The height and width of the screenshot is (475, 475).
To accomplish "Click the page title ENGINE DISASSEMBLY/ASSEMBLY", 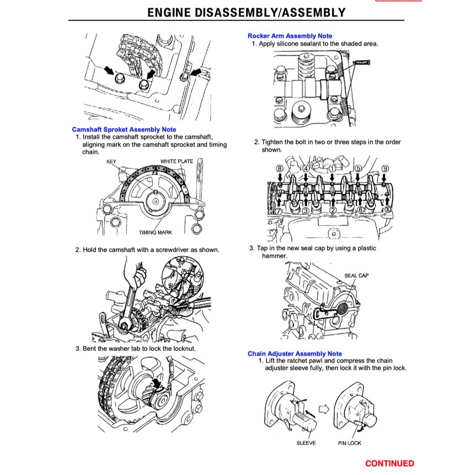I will pyautogui.click(x=246, y=12).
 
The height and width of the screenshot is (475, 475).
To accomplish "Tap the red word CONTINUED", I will pyautogui.click(x=389, y=463).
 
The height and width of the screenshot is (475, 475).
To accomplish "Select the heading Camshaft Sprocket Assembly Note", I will pyautogui.click(x=124, y=129).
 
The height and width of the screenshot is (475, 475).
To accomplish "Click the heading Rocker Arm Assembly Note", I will pyautogui.click(x=290, y=36).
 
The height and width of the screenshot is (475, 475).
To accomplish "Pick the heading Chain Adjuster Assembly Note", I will pyautogui.click(x=295, y=354).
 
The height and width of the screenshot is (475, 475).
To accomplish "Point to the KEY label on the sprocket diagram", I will pyautogui.click(x=111, y=162).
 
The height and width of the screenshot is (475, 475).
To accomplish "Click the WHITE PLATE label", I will pyautogui.click(x=177, y=161).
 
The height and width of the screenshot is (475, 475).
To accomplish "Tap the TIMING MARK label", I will pyautogui.click(x=155, y=232).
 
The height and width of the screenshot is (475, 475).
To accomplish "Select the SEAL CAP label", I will pyautogui.click(x=356, y=275).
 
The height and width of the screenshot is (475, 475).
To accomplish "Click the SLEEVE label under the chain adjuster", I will pyautogui.click(x=306, y=443).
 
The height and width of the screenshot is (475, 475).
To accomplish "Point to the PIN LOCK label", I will pyautogui.click(x=350, y=443).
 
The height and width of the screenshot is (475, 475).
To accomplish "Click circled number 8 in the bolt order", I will pyautogui.click(x=280, y=168).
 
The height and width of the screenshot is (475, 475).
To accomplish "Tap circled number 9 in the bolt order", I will pyautogui.click(x=385, y=168).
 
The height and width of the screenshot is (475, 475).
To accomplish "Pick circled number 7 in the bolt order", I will pyautogui.click(x=280, y=211).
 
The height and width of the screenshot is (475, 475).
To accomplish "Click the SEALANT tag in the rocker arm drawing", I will pyautogui.click(x=362, y=63).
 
